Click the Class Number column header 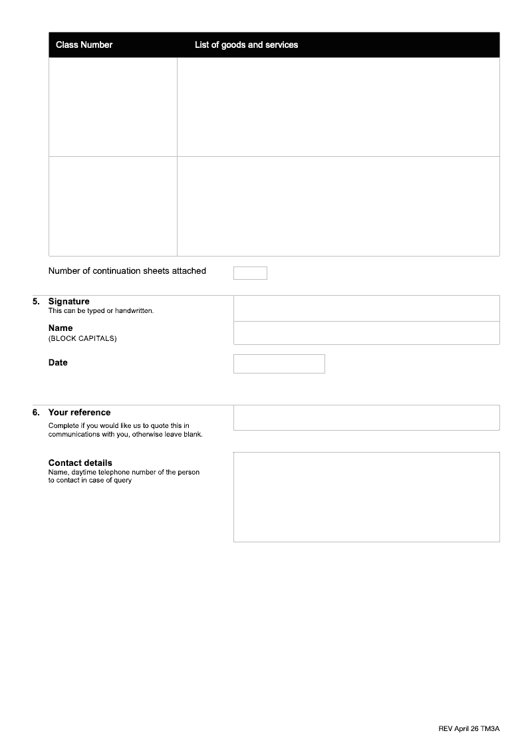[84, 45]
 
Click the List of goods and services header [246, 45]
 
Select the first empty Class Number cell [113, 107]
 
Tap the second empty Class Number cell [113, 206]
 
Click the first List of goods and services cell [338, 107]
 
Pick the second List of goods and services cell [338, 206]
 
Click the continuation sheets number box [250, 273]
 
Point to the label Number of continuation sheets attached [127, 271]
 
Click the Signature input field [366, 308]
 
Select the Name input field [366, 333]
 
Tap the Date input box [279, 364]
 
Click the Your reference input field [366, 417]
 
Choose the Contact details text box [366, 497]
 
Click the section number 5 [36, 302]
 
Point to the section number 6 [36, 413]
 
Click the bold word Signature [68, 302]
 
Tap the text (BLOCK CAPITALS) [82, 338]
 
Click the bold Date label [58, 363]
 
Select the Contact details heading [80, 463]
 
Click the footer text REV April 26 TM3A [469, 729]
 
